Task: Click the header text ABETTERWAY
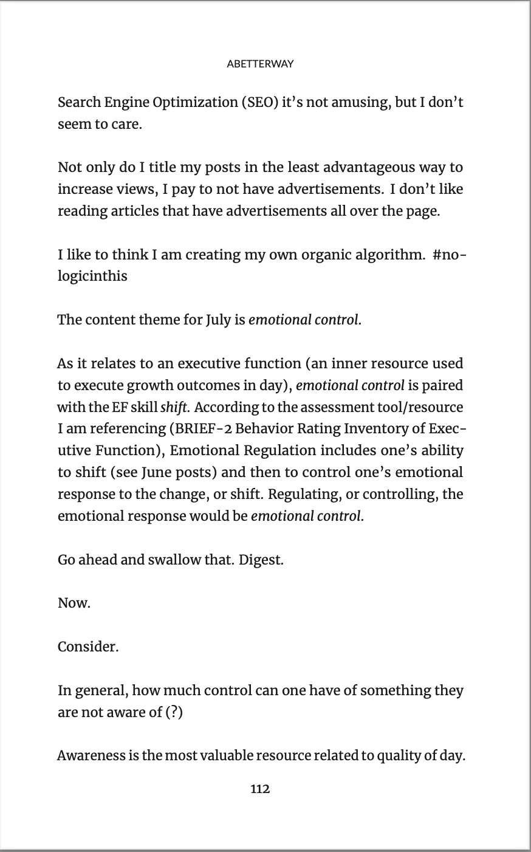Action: click(x=259, y=64)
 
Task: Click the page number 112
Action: click(x=260, y=789)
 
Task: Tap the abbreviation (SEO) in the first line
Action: click(x=259, y=102)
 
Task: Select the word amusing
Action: click(x=357, y=102)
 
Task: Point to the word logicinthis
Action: click(x=92, y=276)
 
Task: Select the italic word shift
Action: click(x=174, y=407)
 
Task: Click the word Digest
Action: click(x=261, y=560)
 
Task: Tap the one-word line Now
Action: click(x=74, y=603)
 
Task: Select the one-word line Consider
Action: click(x=88, y=647)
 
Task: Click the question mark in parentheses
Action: click(x=174, y=712)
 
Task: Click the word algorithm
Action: click(x=382, y=254)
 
